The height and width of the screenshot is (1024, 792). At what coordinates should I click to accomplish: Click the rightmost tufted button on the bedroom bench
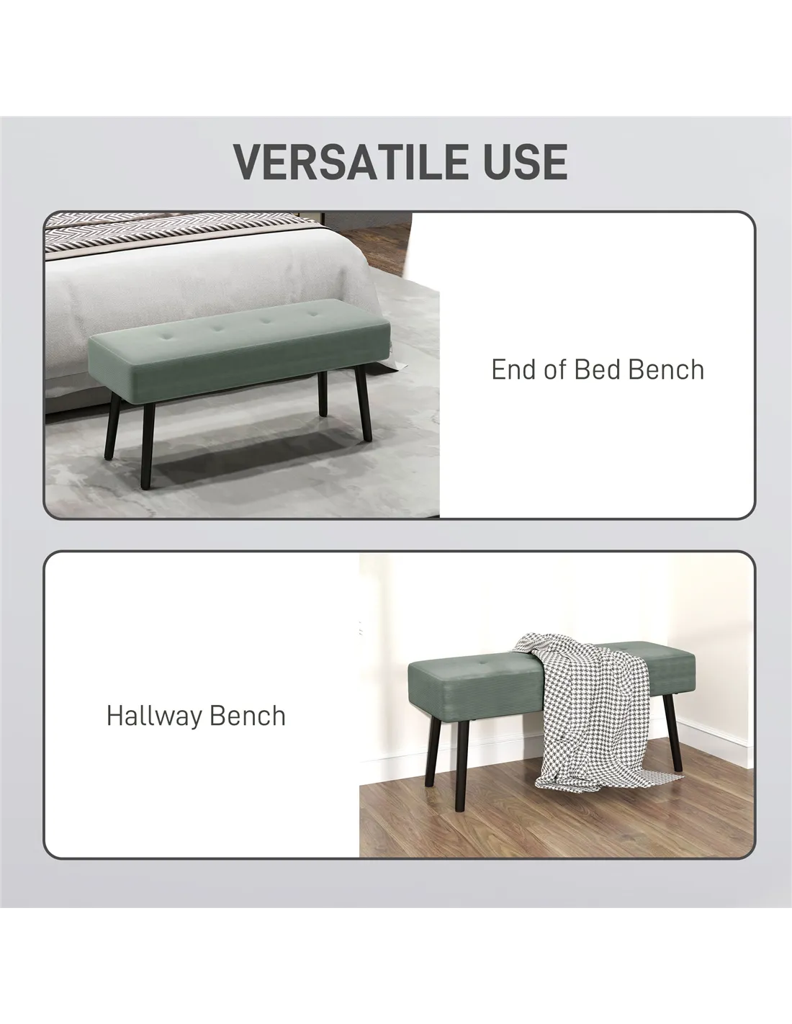pyautogui.click(x=312, y=314)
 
